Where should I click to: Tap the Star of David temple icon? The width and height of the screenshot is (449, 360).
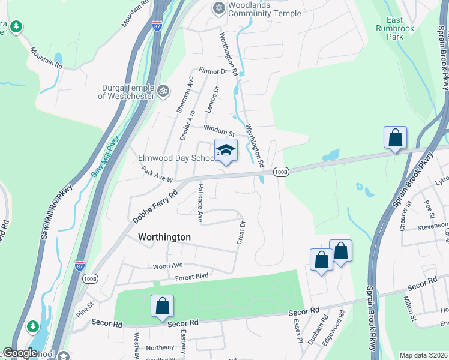[218, 8]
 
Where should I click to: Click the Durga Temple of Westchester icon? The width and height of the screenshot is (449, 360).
[163, 91]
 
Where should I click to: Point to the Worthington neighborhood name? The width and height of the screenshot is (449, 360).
[164, 237]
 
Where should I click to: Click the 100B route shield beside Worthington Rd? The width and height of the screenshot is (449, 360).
[281, 172]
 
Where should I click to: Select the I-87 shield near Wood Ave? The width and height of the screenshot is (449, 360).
[80, 265]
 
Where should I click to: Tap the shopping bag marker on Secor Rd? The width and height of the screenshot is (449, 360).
[162, 307]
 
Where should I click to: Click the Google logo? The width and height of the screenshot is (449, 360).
[20, 353]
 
